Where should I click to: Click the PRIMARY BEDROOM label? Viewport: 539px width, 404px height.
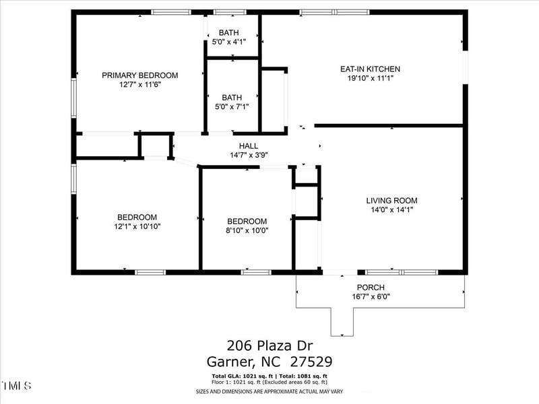(x=139, y=75)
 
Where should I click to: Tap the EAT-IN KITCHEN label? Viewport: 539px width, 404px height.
(x=370, y=69)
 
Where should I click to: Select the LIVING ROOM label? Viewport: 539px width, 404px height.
(x=391, y=200)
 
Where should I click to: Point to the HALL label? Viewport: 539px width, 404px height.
(x=249, y=145)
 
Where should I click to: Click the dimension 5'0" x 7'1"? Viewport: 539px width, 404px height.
(x=232, y=106)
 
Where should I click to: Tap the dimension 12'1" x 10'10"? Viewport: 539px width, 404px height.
(x=137, y=226)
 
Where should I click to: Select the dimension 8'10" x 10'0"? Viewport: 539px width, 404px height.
(x=247, y=230)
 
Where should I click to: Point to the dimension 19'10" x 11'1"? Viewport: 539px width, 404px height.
(x=370, y=78)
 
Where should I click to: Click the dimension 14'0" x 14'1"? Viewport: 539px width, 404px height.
(x=391, y=209)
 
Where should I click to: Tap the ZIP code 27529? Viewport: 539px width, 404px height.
(x=308, y=362)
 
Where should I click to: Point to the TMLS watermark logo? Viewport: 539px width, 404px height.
(x=17, y=386)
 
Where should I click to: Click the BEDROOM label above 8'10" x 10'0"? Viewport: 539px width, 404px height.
(x=247, y=221)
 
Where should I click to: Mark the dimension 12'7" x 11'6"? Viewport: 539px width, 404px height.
(x=140, y=85)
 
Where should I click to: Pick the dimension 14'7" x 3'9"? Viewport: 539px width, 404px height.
(x=249, y=154)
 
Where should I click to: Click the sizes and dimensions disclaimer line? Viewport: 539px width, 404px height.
(x=269, y=391)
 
